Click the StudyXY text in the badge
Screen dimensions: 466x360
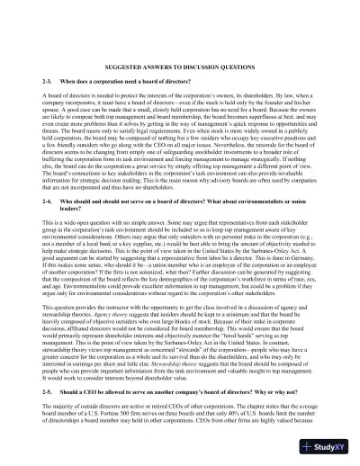tap(333, 446)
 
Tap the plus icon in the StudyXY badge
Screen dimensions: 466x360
tap(310, 446)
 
